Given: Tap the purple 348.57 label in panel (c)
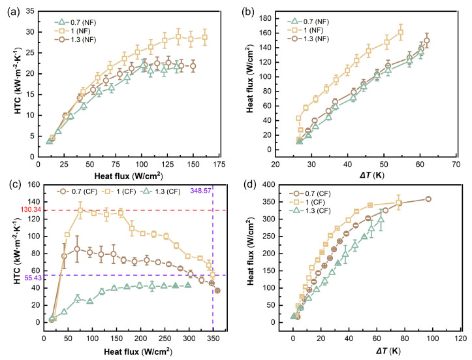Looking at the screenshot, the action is click(200, 190).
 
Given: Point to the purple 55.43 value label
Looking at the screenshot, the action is click(33, 278).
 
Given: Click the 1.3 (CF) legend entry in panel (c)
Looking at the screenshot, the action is click(161, 191).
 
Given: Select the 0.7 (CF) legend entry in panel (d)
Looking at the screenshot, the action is click(309, 193).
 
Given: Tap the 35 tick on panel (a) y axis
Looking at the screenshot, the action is click(31, 11).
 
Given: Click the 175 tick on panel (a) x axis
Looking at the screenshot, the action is click(219, 165).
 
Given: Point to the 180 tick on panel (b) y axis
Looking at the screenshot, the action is click(266, 18).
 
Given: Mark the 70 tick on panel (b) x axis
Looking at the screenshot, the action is click(456, 165).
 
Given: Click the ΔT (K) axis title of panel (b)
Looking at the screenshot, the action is click(371, 175).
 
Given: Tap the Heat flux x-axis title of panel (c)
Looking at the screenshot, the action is click(138, 352).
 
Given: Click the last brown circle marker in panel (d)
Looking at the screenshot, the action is click(428, 199).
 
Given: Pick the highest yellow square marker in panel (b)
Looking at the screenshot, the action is click(401, 33).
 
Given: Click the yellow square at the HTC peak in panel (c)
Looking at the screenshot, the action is click(80, 210).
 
